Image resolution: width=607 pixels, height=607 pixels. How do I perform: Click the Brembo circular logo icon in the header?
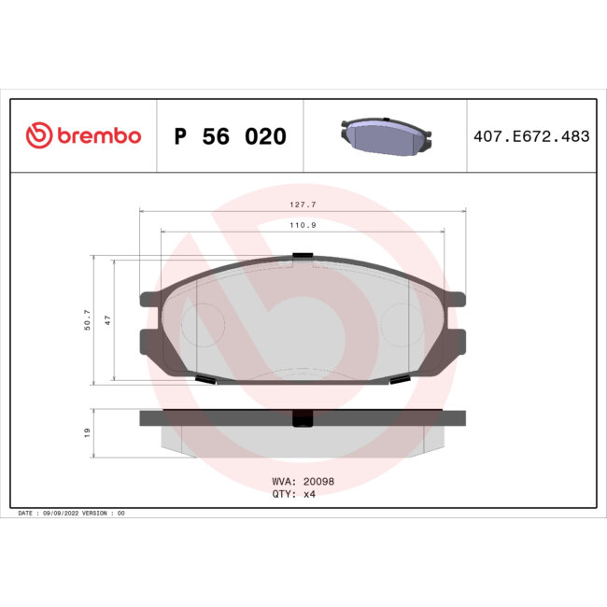37,136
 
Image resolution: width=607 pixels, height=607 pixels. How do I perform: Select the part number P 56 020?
231,136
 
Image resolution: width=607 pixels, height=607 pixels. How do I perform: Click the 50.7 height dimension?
87,320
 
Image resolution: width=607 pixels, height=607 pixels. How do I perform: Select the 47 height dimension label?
108,320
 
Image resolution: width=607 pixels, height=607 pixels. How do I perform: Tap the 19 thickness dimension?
87,432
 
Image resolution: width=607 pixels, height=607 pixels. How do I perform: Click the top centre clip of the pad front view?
302,256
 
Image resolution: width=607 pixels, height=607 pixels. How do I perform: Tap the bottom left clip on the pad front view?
206,379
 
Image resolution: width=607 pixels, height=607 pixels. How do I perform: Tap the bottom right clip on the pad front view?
398,379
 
